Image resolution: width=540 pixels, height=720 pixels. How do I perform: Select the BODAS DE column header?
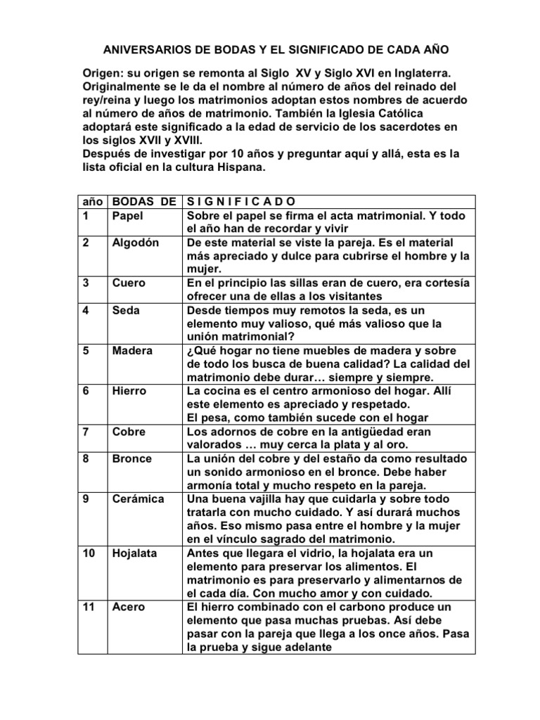(x=144, y=202)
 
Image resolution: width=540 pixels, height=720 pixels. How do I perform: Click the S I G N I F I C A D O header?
(x=236, y=202)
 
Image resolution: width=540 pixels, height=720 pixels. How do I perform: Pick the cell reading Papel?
(x=128, y=216)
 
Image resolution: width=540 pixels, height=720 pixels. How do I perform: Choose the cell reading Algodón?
(x=136, y=243)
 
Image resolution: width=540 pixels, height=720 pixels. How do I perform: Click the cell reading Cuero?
(x=129, y=283)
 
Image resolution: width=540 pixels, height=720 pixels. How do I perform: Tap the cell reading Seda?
(x=127, y=310)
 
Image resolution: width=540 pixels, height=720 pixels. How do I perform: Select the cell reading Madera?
(x=133, y=350)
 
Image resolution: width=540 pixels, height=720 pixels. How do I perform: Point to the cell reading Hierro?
(x=129, y=390)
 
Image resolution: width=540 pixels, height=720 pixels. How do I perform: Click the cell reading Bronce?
(x=132, y=458)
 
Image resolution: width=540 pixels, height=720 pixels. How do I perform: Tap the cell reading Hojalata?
(x=136, y=553)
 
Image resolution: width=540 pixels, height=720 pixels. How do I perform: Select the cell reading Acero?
(x=129, y=607)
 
